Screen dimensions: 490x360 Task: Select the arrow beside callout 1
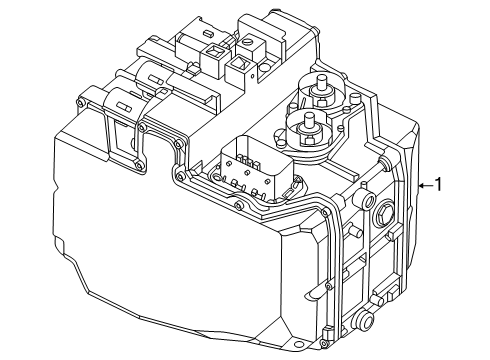pyautogui.click(x=425, y=184)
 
